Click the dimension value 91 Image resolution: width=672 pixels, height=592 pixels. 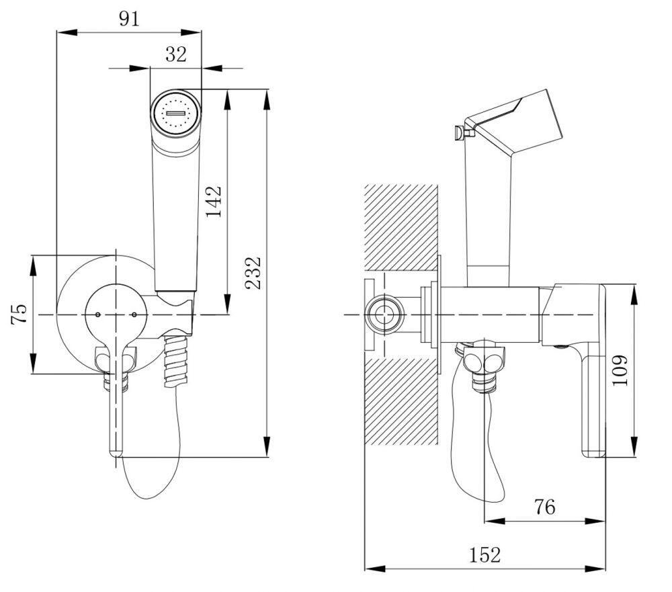point(129,19)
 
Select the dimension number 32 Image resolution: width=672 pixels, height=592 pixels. point(175,54)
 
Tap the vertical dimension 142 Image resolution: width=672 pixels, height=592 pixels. point(214,200)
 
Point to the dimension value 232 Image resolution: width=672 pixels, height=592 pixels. point(253,272)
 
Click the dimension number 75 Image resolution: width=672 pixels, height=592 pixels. point(20,314)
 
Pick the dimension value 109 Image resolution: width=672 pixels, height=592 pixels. point(620,370)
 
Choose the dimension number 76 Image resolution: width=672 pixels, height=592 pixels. point(545,507)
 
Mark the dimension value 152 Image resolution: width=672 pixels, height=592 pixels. point(485,555)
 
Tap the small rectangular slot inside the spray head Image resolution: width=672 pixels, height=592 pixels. point(175,114)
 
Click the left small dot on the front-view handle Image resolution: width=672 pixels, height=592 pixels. point(98,314)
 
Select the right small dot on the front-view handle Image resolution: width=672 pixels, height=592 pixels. point(134,314)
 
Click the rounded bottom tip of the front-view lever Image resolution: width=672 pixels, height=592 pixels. point(116,452)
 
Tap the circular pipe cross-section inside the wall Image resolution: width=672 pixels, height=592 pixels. point(384,314)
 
